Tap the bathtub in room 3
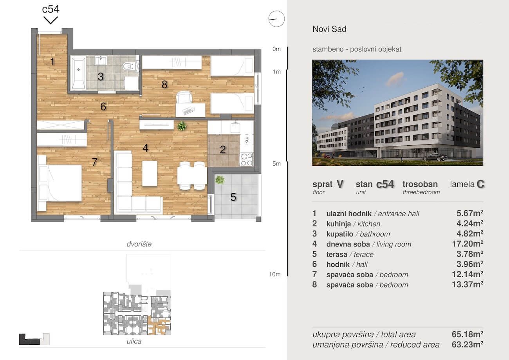coord(78,73)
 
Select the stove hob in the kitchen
coord(247,159)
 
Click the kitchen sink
coord(235,127)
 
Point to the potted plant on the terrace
coord(220,180)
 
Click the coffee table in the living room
coord(150,173)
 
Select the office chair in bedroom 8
coord(184,97)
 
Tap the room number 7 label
coord(94,162)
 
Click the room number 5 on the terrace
coord(233,197)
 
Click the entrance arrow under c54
coord(51,20)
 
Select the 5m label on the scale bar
coord(276,164)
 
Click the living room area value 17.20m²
coord(467,244)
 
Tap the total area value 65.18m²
coord(467,334)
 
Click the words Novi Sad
coord(330,29)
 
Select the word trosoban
coord(420,184)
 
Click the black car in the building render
coord(435,157)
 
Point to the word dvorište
coord(139,244)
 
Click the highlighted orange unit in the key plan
coord(159,326)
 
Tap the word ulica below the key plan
coord(134,341)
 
